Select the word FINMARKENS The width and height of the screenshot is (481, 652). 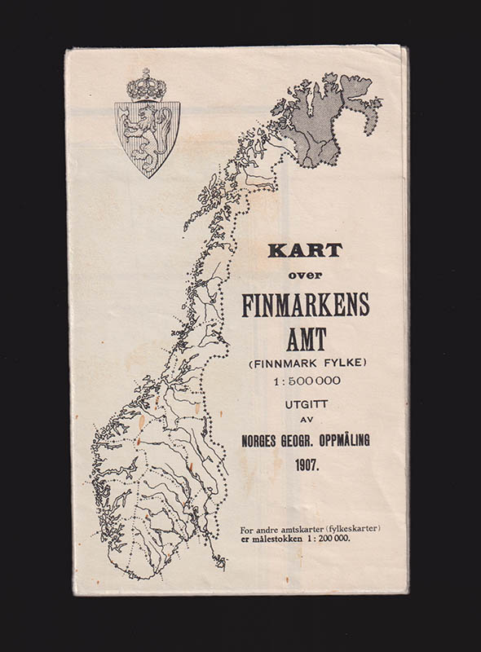305,304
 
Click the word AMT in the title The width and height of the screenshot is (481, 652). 305,337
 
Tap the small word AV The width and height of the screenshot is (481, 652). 305,421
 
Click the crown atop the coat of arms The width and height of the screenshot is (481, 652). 146,86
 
